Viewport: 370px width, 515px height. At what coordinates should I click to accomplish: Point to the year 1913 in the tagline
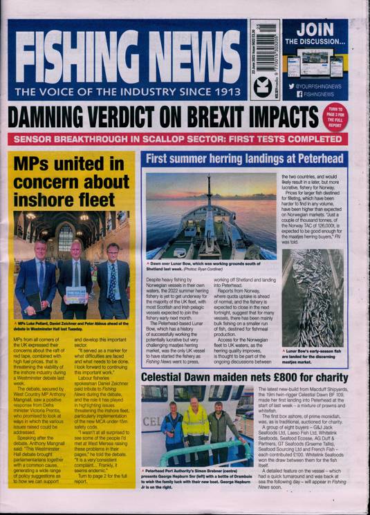coord(225,91)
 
